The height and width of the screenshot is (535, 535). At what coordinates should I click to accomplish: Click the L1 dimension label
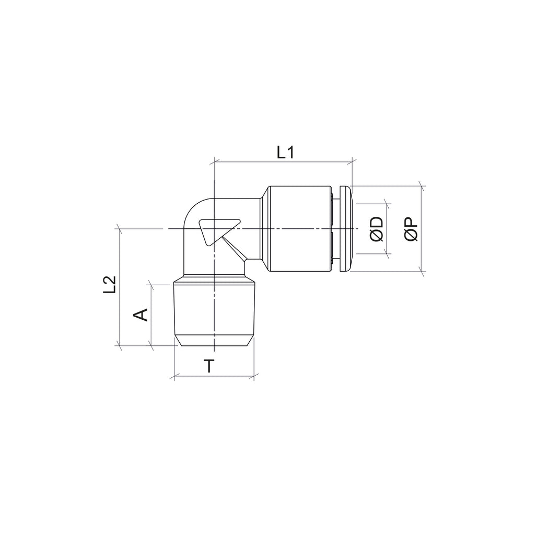click(x=285, y=153)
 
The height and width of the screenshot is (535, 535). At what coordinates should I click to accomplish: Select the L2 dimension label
click(x=110, y=285)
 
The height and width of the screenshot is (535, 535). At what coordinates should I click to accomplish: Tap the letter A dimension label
click(x=141, y=315)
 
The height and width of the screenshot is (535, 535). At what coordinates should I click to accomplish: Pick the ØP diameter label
click(x=411, y=229)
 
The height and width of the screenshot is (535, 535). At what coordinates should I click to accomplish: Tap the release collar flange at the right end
click(x=345, y=229)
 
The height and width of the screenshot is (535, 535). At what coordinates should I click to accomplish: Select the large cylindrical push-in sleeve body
click(x=299, y=229)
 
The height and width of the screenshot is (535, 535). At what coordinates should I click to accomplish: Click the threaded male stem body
click(x=214, y=309)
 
